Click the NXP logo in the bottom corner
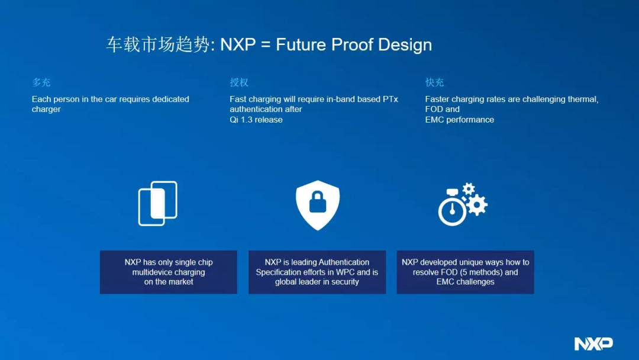(593, 343)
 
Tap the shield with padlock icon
(318, 205)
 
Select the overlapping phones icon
(158, 204)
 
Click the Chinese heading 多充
(41, 82)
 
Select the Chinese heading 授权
(239, 82)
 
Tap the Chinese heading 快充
(434, 82)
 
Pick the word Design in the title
(405, 45)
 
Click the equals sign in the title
(266, 44)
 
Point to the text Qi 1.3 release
(256, 120)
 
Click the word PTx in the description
(390, 99)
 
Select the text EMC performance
(459, 120)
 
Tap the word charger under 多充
(46, 110)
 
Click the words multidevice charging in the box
(168, 272)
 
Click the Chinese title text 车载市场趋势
(158, 45)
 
